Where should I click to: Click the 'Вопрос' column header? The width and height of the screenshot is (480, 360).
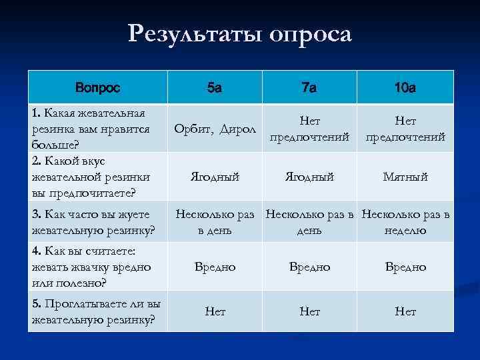[x=98, y=87]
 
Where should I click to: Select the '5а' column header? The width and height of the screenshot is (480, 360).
[x=215, y=87]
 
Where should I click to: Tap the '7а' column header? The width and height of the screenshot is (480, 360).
[x=309, y=87]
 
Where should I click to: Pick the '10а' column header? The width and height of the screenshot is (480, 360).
[x=405, y=87]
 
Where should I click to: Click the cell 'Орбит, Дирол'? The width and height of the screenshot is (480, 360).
[x=215, y=128]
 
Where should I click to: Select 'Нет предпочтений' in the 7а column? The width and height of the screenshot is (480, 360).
[x=309, y=129]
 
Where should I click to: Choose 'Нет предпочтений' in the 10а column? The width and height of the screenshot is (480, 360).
[x=405, y=129]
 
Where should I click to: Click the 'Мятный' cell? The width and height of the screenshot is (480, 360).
[x=405, y=177]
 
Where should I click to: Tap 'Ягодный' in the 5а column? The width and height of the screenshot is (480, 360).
[x=215, y=177]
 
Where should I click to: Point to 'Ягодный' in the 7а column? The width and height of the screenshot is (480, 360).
[x=309, y=177]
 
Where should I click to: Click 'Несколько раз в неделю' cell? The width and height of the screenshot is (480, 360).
[x=405, y=222]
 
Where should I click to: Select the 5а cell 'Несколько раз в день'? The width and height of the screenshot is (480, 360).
[x=215, y=222]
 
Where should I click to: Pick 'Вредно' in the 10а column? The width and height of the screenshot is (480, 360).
[x=405, y=267]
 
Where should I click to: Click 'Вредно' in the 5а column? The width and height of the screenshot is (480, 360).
[x=215, y=267]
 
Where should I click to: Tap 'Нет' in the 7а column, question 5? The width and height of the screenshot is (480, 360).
[x=309, y=311]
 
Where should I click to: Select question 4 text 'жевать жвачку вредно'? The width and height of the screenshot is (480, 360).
[x=91, y=267]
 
